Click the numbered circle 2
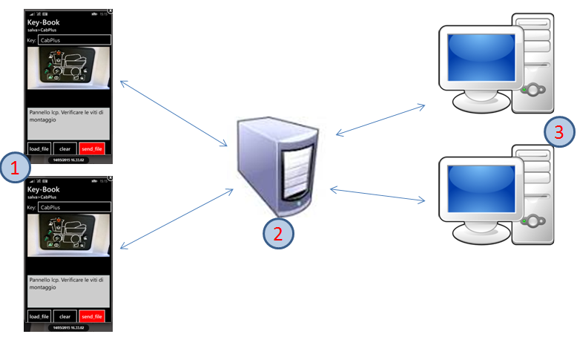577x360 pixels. (278, 233)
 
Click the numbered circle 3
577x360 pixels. (558, 132)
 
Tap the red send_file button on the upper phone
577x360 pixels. (93, 148)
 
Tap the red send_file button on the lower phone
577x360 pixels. (93, 316)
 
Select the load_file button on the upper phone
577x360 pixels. (39, 148)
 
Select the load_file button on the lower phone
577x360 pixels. (39, 316)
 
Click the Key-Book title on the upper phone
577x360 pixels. (43, 22)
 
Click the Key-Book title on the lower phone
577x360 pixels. (43, 189)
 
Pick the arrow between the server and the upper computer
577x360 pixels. (380, 120)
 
